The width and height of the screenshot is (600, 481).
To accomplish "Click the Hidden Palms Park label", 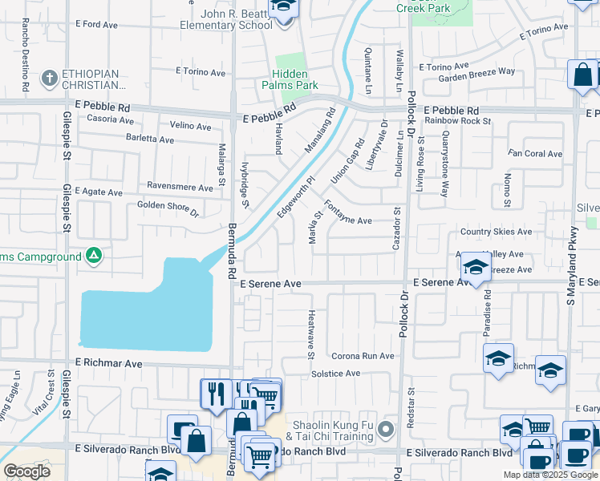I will (290, 79).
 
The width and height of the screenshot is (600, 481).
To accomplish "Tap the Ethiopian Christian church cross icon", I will (49, 79).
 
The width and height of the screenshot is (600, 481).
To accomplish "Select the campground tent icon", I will (94, 256).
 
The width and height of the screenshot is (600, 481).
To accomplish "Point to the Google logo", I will (26, 471).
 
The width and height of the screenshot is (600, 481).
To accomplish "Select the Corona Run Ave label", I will (363, 356).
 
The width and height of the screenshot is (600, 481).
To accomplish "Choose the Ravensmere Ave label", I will (181, 186).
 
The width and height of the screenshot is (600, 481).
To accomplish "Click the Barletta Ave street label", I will (149, 139).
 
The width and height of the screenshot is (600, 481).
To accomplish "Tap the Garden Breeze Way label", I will (481, 71).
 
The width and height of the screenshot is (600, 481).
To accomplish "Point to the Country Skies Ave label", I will (496, 232).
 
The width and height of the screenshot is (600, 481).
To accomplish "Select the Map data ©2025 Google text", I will (549, 475).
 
